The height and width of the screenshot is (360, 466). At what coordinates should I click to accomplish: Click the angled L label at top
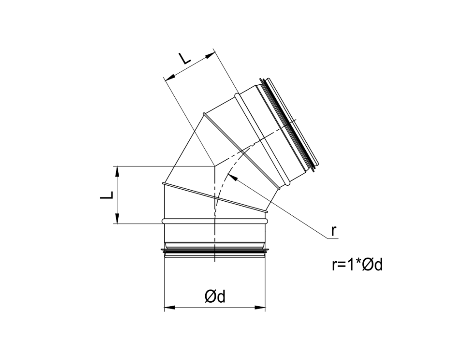184,58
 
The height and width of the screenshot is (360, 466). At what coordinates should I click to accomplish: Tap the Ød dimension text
215,296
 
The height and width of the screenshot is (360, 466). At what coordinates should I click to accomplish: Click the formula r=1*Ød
357,265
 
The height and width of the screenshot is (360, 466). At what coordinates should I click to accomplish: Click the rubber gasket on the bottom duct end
214,250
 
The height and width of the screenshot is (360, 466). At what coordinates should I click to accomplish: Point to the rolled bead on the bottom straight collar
214,221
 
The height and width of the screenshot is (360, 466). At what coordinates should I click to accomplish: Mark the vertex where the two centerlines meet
214,166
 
